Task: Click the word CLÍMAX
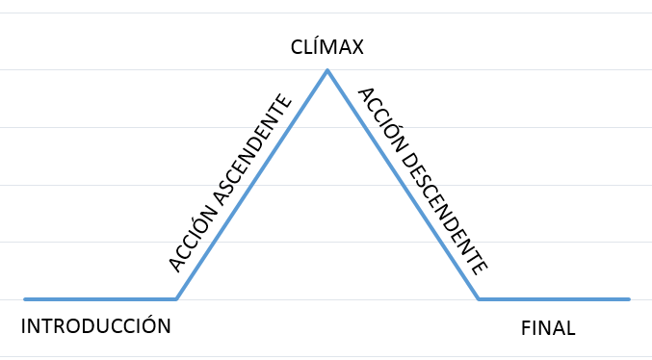(326, 46)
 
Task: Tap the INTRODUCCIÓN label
(95, 325)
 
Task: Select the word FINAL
(548, 328)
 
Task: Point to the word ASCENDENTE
(254, 151)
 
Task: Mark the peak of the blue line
(327, 70)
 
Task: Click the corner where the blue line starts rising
(176, 298)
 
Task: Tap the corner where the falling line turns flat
(479, 298)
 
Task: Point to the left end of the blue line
(25, 299)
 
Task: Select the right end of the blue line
(629, 299)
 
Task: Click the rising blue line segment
(251, 185)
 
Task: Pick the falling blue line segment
(403, 185)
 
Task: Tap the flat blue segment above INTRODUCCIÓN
(100, 299)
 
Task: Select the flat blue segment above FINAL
(554, 299)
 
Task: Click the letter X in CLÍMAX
(356, 47)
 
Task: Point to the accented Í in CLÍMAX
(313, 46)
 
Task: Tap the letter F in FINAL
(526, 328)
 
